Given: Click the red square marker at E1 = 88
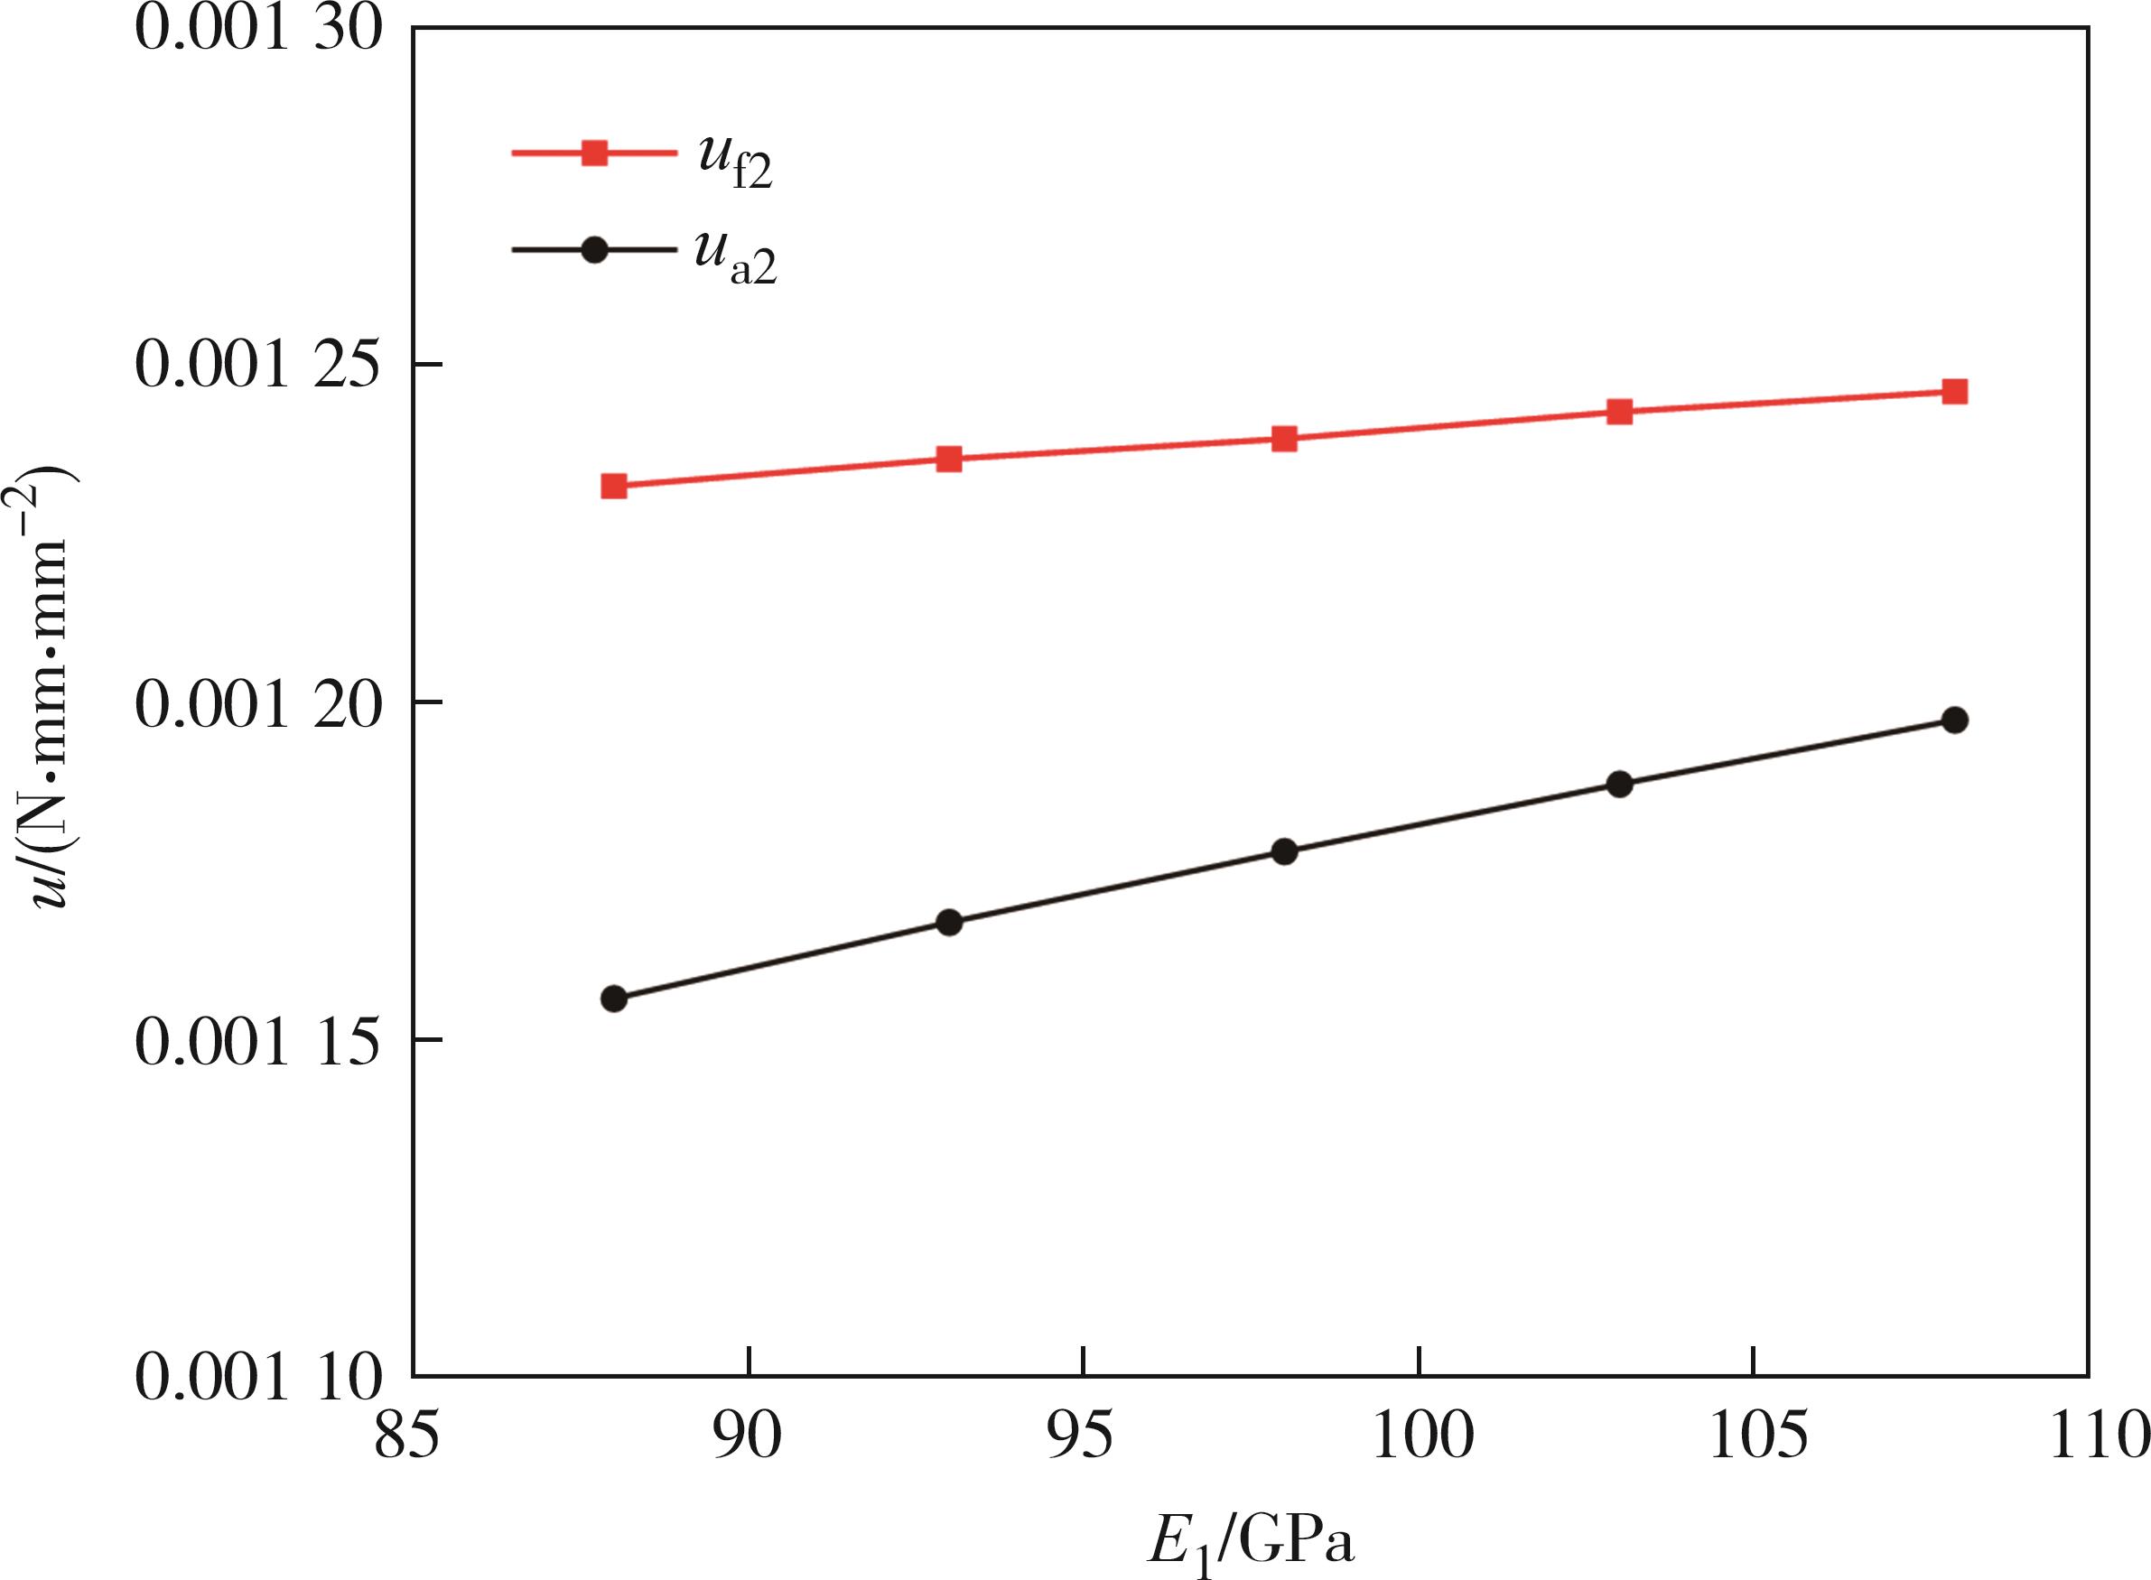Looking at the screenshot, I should pyautogui.click(x=613, y=486).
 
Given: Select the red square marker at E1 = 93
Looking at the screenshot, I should pyautogui.click(x=949, y=459).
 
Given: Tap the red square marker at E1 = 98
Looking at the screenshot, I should pyautogui.click(x=1284, y=439).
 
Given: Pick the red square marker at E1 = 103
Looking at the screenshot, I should pyautogui.click(x=1619, y=413).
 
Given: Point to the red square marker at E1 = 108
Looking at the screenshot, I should pyautogui.click(x=1955, y=391).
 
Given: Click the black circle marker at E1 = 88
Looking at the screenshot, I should pyautogui.click(x=613, y=999).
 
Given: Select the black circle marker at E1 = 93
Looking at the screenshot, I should pyautogui.click(x=949, y=923).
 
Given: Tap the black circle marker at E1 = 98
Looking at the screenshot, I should pyautogui.click(x=1284, y=851).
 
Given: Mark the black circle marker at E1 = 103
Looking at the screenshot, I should pyautogui.click(x=1619, y=785).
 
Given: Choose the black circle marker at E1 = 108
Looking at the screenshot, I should pyautogui.click(x=1955, y=720).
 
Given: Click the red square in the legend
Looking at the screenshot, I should pyautogui.click(x=595, y=153).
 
